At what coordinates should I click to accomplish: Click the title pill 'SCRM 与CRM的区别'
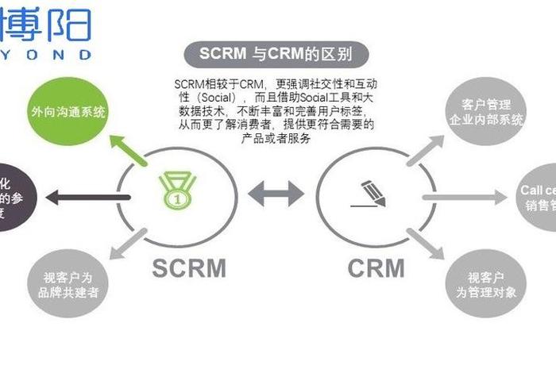(x=274, y=55)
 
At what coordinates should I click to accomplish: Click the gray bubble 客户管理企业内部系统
(x=486, y=112)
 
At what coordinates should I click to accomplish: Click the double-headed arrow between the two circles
(x=276, y=193)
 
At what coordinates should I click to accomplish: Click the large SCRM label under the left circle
(x=188, y=268)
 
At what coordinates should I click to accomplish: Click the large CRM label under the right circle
(x=376, y=268)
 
